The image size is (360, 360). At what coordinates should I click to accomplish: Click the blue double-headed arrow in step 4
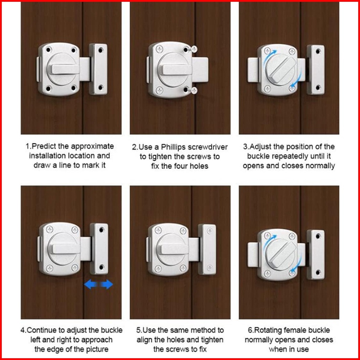pos(98,284)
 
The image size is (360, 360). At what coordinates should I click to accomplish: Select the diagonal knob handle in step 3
pos(283,70)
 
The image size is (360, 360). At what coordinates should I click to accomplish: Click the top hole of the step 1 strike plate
pos(100,50)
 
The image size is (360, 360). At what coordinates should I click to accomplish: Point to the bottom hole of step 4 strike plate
pos(102,267)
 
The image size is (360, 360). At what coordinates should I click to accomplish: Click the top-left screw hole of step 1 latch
pos(48,50)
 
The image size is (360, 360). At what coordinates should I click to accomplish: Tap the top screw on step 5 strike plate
pos(209,231)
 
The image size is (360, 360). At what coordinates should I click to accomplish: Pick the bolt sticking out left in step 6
pos(253,254)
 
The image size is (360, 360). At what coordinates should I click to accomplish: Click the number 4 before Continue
pos(22,330)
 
